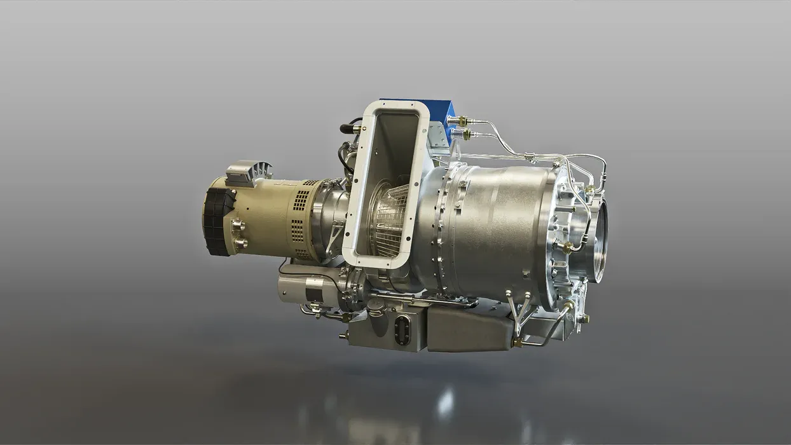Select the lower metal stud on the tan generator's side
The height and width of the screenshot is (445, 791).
(240, 242)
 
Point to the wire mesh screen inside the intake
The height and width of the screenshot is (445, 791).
(389, 219)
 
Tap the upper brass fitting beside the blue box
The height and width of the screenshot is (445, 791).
(460, 120)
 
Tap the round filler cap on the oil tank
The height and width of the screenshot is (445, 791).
(376, 306)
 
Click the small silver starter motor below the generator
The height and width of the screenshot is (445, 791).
(304, 289)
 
